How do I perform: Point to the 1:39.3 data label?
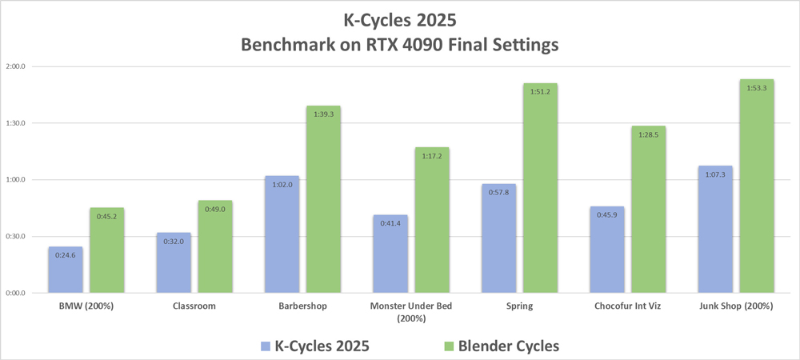tap(323, 114)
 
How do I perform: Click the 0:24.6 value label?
tap(65, 255)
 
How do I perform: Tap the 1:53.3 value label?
tap(757, 88)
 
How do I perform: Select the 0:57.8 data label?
tap(499, 192)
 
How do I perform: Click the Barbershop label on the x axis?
tap(302, 306)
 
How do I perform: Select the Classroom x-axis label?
tap(194, 306)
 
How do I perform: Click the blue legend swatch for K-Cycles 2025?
tap(266, 346)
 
